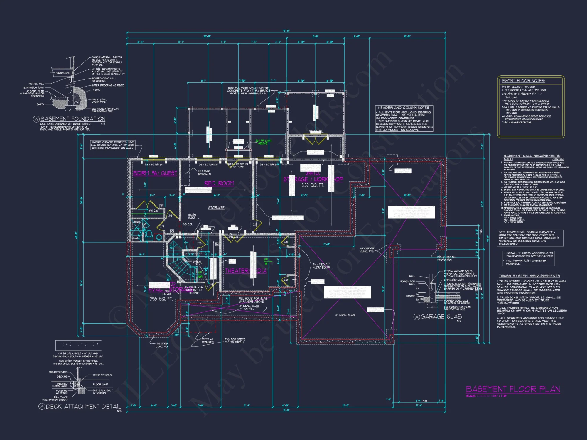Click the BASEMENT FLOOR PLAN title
click(x=513, y=389)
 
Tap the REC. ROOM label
click(x=219, y=183)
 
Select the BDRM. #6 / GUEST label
click(x=155, y=173)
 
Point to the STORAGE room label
click(x=216, y=208)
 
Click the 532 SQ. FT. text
click(x=313, y=185)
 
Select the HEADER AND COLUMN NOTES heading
click(x=403, y=108)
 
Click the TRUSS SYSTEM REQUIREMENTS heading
click(x=529, y=276)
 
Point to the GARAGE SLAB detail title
click(x=441, y=317)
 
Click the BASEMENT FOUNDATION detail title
click(x=72, y=119)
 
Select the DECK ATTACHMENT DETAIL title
click(x=83, y=407)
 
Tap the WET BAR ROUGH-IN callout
click(x=204, y=172)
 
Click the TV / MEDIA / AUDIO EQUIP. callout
click(x=321, y=266)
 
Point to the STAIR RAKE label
click(x=192, y=216)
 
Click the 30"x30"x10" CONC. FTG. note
click(x=367, y=250)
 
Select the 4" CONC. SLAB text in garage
click(x=345, y=315)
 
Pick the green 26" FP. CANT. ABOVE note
click(x=263, y=142)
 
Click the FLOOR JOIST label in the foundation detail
click(x=63, y=73)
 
